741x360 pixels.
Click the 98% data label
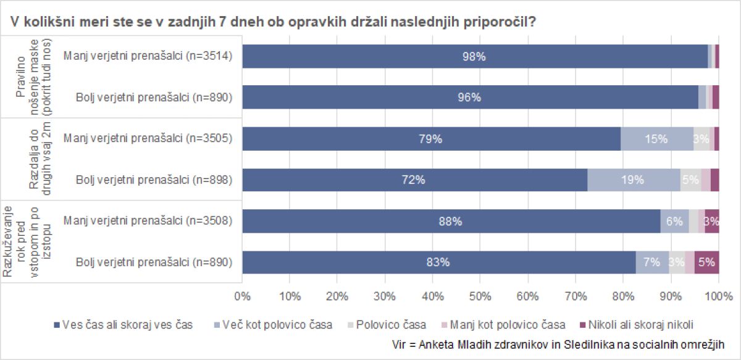(x=474, y=56)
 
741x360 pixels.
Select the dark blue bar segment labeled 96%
(x=470, y=98)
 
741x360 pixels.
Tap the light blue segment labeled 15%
(x=656, y=139)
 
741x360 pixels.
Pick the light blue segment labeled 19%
(x=633, y=180)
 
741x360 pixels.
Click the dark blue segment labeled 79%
(x=430, y=139)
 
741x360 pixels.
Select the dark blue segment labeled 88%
(x=451, y=222)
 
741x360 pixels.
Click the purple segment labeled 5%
(x=706, y=262)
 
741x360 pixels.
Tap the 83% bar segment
(x=438, y=262)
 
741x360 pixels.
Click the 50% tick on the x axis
(x=480, y=296)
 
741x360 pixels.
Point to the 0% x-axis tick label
(x=243, y=296)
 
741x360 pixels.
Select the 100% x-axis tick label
(x=718, y=296)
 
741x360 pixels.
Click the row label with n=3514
(x=147, y=56)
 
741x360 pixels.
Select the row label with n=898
(x=154, y=180)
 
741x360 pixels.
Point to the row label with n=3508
(x=147, y=222)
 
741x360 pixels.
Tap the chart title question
(x=272, y=21)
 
